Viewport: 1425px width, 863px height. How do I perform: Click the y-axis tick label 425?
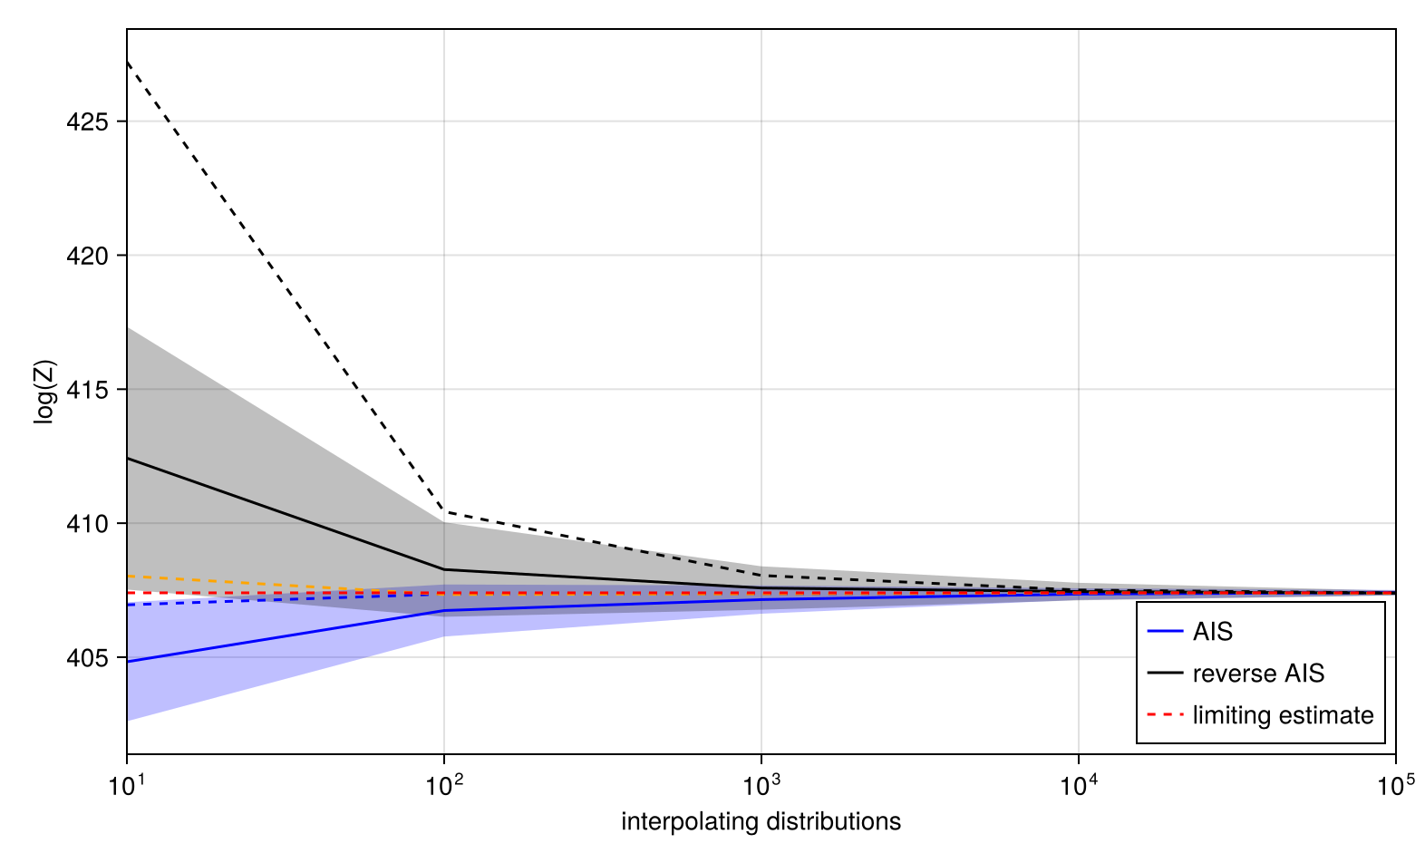tap(87, 122)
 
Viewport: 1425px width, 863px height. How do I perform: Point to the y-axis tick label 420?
tap(87, 257)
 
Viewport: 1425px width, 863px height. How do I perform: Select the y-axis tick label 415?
tap(87, 391)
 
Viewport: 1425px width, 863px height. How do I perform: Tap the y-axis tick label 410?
tap(87, 525)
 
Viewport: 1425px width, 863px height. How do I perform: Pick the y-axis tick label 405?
tap(87, 659)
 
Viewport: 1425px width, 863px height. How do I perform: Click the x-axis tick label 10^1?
tap(127, 785)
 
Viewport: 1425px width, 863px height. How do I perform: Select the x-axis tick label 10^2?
tap(444, 785)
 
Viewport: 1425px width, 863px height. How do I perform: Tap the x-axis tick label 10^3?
tap(761, 785)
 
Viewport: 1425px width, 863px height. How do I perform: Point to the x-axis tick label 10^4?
tap(1079, 785)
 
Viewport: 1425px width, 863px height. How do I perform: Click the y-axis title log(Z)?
tap(45, 392)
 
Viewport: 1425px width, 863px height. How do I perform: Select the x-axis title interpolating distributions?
tap(761, 822)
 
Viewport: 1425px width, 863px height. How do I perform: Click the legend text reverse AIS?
tap(1258, 674)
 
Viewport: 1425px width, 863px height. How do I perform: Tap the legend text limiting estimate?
tap(1283, 715)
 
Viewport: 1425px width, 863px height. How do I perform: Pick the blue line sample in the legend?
tap(1165, 632)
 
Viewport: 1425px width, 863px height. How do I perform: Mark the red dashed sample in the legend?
tap(1165, 715)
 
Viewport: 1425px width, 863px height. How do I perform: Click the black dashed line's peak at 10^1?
tap(128, 62)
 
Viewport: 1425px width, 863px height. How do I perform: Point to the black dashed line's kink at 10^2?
tap(444, 511)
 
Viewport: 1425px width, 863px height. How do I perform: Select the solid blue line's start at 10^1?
tap(128, 662)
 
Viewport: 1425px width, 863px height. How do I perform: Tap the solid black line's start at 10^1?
tap(128, 458)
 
